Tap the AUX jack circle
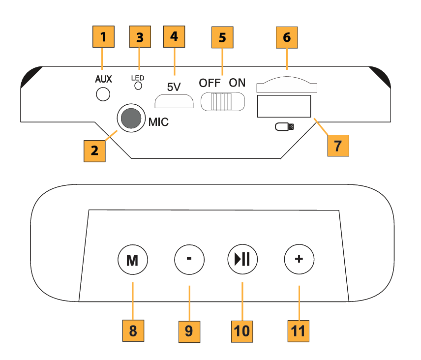pyautogui.click(x=103, y=93)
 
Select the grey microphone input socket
pyautogui.click(x=130, y=119)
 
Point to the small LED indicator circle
pyautogui.click(x=139, y=86)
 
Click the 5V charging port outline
pyautogui.click(x=174, y=101)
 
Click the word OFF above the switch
pyautogui.click(x=210, y=83)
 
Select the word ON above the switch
pyautogui.click(x=237, y=83)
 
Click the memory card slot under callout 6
pyautogui.click(x=287, y=86)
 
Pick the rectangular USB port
pyautogui.click(x=284, y=106)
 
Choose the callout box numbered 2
pyautogui.click(x=94, y=150)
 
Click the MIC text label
pyautogui.click(x=158, y=122)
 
